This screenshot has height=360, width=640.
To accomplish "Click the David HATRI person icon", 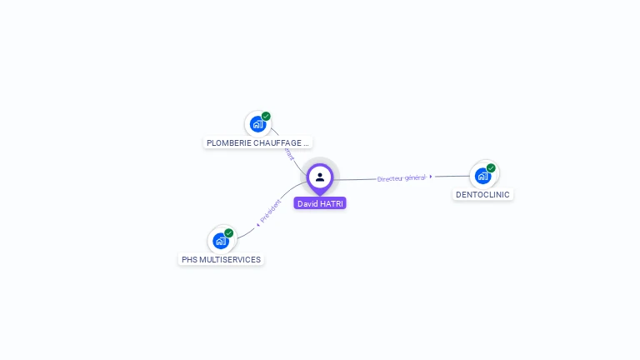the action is tap(320, 177).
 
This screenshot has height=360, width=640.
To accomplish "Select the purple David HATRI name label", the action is tap(320, 203).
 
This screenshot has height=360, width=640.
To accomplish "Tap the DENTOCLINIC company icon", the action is tap(482, 176).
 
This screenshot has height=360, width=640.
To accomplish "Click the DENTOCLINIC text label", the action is tap(482, 194).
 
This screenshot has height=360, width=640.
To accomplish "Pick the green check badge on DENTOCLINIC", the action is tap(491, 167).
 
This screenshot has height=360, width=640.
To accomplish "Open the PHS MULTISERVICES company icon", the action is tap(221, 241).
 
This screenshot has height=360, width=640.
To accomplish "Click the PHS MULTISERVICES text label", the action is tap(221, 259).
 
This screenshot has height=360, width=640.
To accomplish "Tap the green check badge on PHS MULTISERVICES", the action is tap(229, 233).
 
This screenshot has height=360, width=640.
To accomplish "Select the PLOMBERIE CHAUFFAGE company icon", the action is tap(257, 124).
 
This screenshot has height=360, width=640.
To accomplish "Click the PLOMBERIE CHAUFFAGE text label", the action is tap(257, 142).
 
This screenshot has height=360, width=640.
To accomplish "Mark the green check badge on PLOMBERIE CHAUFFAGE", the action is tap(266, 117).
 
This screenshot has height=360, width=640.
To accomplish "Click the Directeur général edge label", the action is tap(401, 178).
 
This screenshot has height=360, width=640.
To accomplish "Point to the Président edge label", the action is tap(271, 212).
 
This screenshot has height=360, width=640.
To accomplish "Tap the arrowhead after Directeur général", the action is tap(431, 177).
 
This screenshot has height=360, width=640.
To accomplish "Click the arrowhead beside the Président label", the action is tap(258, 224).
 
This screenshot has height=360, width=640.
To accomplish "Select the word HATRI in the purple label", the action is tap(332, 203).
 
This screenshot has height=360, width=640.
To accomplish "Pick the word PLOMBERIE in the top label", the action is tap(225, 142).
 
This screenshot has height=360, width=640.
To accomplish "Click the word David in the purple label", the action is tap(307, 203).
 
